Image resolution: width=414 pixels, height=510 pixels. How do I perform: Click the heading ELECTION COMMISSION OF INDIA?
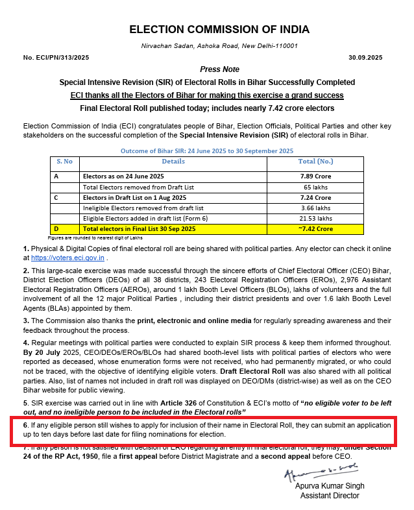pyautogui.click(x=219, y=29)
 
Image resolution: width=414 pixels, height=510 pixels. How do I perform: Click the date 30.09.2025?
pyautogui.click(x=365, y=58)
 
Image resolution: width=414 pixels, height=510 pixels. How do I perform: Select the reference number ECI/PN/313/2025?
pyautogui.click(x=56, y=58)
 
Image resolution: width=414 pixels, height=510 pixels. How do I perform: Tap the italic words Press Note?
pyautogui.click(x=219, y=69)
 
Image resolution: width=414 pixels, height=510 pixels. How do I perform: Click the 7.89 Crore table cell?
pyautogui.click(x=315, y=176)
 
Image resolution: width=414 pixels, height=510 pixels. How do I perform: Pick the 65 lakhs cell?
pyautogui.click(x=315, y=187)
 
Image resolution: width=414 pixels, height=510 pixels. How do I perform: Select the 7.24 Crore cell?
pyautogui.click(x=315, y=197)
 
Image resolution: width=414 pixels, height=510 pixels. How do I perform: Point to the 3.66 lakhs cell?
pyautogui.click(x=315, y=208)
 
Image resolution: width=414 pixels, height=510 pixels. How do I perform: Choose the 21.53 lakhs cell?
pyautogui.click(x=315, y=218)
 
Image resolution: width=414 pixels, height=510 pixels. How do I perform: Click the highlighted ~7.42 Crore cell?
pyautogui.click(x=315, y=229)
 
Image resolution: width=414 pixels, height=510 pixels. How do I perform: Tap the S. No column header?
pyautogui.click(x=65, y=161)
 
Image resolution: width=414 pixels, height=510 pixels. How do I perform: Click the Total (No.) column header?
pyautogui.click(x=315, y=161)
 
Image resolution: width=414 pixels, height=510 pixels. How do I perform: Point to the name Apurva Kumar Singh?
pyautogui.click(x=330, y=486)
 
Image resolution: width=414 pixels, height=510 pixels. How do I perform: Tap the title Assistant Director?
pyautogui.click(x=329, y=496)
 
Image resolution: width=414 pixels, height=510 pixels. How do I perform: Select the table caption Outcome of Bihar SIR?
pyautogui.click(x=207, y=151)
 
